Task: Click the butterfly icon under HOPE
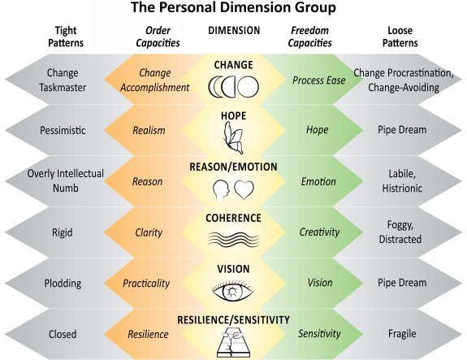click(233, 138)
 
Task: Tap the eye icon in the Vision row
click(233, 290)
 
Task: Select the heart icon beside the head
click(244, 189)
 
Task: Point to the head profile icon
click(221, 190)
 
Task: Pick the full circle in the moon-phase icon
click(249, 87)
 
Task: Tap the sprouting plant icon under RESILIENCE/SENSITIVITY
click(233, 342)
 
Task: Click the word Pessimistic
click(63, 130)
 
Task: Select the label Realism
click(149, 130)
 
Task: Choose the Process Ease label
click(318, 80)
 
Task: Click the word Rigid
click(63, 232)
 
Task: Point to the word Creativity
click(319, 232)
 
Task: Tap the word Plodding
click(63, 283)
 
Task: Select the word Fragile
click(402, 333)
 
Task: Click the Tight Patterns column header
click(66, 37)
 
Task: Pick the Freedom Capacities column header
click(309, 37)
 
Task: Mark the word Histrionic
click(402, 188)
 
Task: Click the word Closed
click(63, 334)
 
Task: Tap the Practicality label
click(146, 283)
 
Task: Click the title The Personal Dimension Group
click(234, 7)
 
